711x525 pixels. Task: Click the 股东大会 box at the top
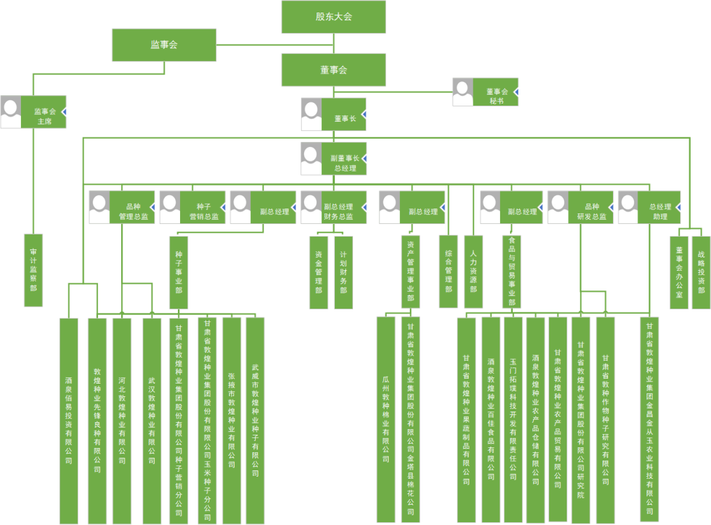point(333,17)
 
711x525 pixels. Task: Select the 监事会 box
point(164,45)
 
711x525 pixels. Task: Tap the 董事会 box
point(333,70)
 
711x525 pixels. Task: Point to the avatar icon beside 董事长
point(312,115)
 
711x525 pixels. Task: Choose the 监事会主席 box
point(46,112)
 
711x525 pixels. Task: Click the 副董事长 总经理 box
point(343,159)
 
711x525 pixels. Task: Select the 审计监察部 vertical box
point(34,269)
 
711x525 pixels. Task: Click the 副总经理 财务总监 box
point(343,207)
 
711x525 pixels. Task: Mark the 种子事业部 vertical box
point(179,272)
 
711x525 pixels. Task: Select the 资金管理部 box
point(319,272)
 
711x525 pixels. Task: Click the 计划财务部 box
point(343,272)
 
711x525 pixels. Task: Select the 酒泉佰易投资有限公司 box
point(69,421)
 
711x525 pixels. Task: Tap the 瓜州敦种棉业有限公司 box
point(386,419)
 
